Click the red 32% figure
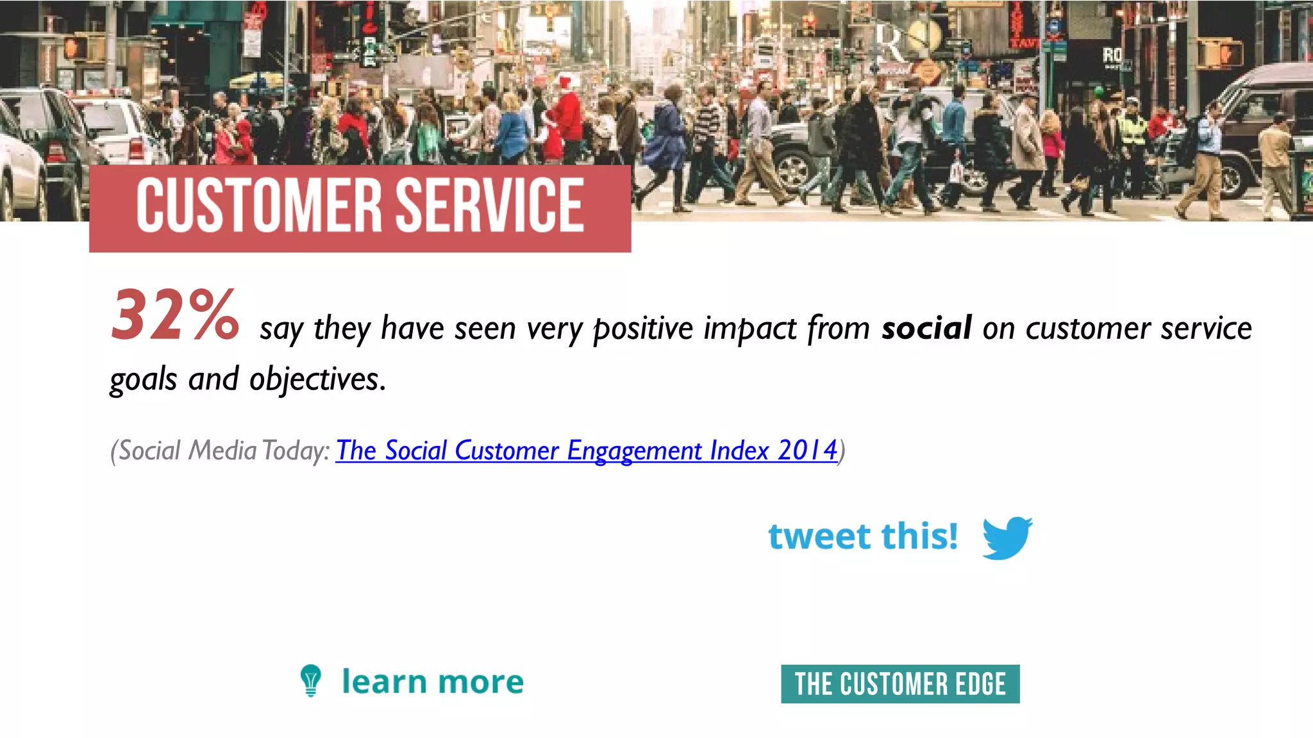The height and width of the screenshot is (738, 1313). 174,315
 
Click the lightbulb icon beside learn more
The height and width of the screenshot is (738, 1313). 311,680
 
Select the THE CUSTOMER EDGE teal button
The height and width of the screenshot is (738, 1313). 900,684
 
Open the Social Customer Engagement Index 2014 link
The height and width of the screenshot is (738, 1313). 586,450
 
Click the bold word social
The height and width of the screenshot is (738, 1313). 926,328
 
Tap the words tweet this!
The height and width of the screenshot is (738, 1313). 863,536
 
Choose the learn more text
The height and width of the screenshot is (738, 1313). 433,682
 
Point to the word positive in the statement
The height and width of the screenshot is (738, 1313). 643,329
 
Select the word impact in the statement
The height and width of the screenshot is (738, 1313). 750,329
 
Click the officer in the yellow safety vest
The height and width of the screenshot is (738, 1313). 1133,128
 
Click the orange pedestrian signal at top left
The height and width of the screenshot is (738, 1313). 75,47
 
